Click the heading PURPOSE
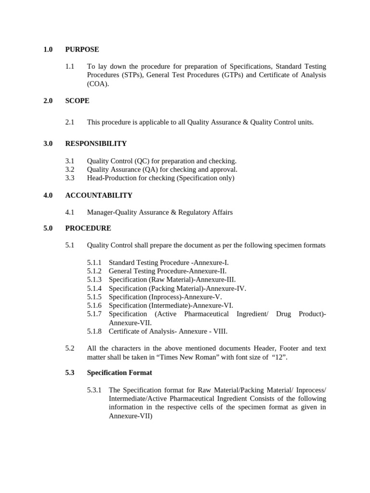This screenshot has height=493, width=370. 82,49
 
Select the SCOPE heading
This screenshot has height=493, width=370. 77,101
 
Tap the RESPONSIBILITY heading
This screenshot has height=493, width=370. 96,143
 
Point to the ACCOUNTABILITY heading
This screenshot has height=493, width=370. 99,195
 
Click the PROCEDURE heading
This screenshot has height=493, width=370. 88,228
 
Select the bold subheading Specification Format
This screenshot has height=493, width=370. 119,373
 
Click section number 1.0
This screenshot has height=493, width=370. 48,49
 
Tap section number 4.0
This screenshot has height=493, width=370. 48,195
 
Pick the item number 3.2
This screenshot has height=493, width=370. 70,169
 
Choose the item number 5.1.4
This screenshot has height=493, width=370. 94,288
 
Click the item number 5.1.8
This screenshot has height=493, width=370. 94,331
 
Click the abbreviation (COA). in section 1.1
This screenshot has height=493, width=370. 98,84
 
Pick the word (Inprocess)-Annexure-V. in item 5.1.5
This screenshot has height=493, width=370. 185,297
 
